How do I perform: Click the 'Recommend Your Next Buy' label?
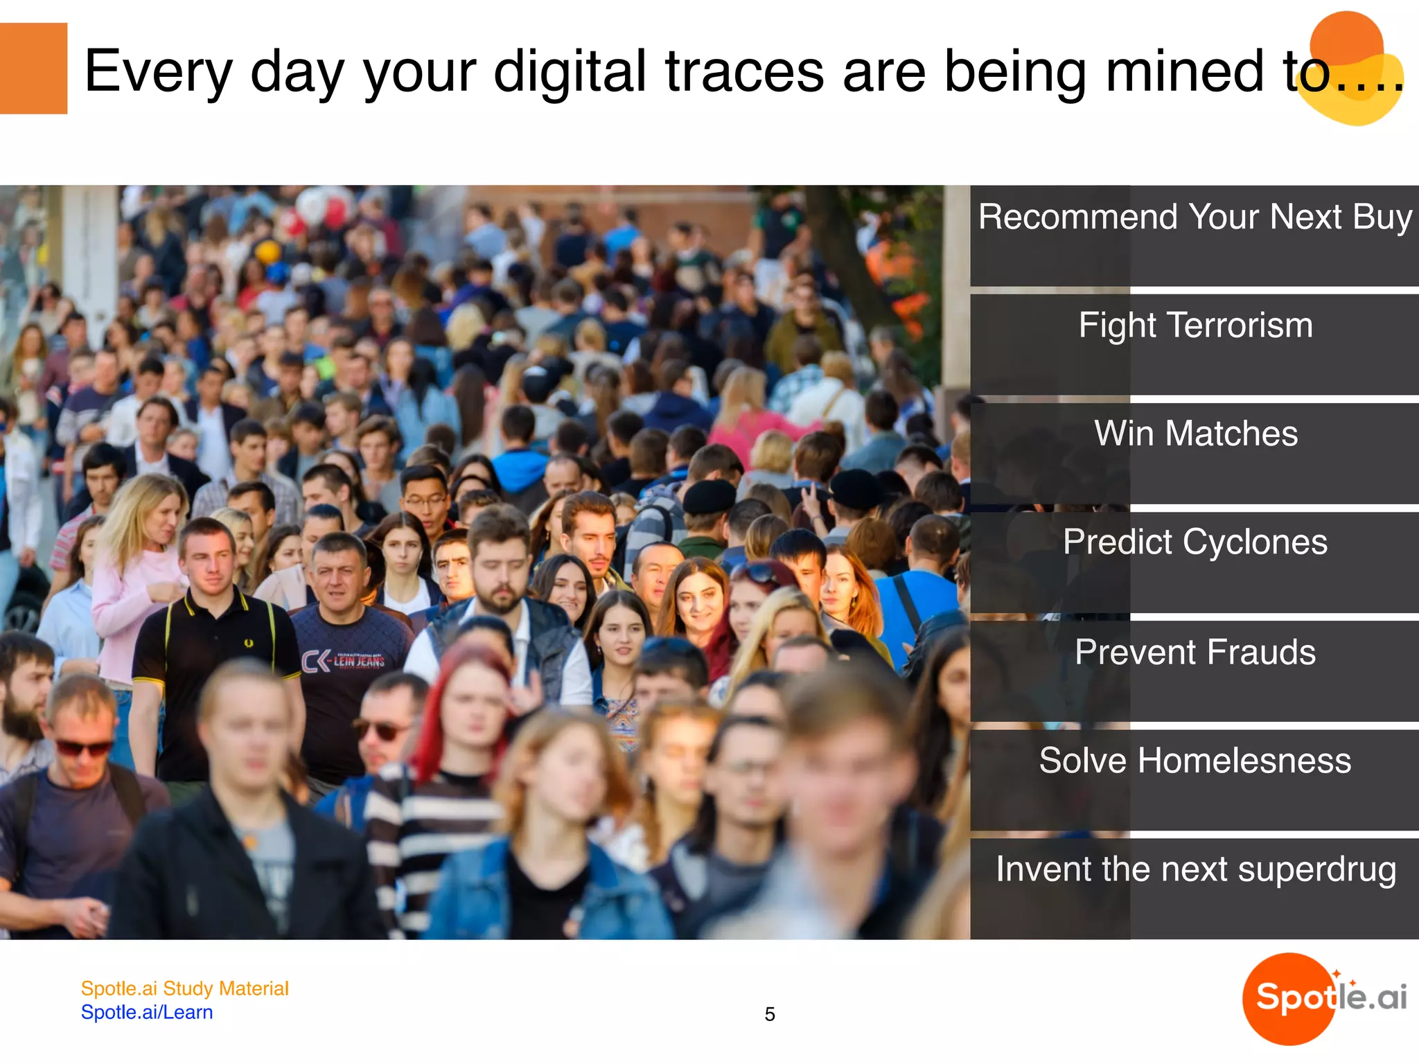click(1195, 218)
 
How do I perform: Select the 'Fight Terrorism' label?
click(1195, 326)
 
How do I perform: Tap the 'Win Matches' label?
click(1195, 434)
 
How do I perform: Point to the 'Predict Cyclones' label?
click(1195, 542)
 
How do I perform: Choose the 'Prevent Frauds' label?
click(1195, 653)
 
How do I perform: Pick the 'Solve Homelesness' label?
click(1195, 761)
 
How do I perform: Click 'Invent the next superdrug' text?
click(1195, 870)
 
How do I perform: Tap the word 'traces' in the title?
click(744, 72)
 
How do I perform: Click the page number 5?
click(770, 1015)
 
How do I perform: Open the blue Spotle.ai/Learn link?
click(147, 1013)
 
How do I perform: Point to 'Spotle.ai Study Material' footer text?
click(184, 988)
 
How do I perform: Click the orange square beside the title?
click(33, 69)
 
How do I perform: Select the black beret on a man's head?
click(709, 496)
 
